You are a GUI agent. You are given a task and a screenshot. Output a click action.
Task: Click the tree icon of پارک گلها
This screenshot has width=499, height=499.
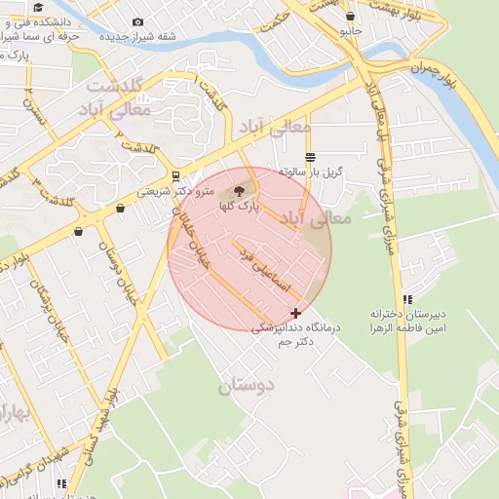[x=241, y=192]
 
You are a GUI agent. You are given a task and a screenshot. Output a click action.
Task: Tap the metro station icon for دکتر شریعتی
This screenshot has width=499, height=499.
[x=175, y=176]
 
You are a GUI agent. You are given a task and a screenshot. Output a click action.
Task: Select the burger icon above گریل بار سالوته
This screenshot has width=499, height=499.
[x=310, y=157]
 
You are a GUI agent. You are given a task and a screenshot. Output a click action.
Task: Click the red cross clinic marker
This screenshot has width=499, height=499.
[x=295, y=313]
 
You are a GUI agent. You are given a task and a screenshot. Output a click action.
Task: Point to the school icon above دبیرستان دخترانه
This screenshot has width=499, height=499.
[x=407, y=299]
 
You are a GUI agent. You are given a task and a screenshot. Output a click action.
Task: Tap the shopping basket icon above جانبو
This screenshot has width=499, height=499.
[x=351, y=16]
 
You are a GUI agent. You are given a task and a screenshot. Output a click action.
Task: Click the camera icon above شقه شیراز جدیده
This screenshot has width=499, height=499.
[x=137, y=21]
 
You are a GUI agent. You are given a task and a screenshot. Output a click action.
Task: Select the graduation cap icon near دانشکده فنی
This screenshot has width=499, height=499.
[x=38, y=6]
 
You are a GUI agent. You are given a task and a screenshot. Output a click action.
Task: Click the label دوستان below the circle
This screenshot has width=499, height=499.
[x=247, y=385]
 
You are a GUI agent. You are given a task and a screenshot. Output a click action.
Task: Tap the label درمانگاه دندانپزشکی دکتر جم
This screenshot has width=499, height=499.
[x=294, y=334]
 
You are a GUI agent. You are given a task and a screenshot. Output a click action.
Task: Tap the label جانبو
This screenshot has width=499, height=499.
[x=350, y=31]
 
